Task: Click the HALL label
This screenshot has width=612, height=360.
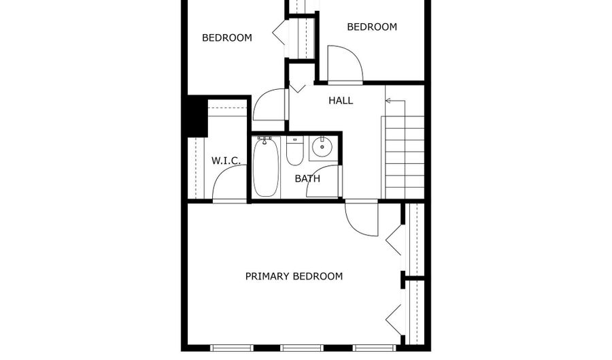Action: pyautogui.click(x=341, y=101)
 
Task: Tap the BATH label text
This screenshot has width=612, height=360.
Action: pyautogui.click(x=307, y=179)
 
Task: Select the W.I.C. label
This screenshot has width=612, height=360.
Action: pyautogui.click(x=226, y=161)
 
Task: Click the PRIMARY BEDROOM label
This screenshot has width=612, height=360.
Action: pyautogui.click(x=294, y=276)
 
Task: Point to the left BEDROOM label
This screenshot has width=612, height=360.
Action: pyautogui.click(x=226, y=38)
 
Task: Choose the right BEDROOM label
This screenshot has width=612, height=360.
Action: pyautogui.click(x=372, y=27)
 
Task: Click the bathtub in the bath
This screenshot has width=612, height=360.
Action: pyautogui.click(x=266, y=167)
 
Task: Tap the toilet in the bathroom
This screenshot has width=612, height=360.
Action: pyautogui.click(x=294, y=150)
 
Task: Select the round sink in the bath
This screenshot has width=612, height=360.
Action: pyautogui.click(x=322, y=147)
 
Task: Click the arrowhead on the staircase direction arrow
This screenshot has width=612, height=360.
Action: pyautogui.click(x=388, y=101)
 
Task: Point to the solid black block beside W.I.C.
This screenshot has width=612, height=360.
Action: pyautogui.click(x=197, y=116)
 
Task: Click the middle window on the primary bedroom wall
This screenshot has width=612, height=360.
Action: pyautogui.click(x=301, y=348)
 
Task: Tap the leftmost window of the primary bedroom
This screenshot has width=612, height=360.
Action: pyautogui.click(x=231, y=348)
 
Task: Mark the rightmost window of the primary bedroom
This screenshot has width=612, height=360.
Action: pyautogui.click(x=374, y=348)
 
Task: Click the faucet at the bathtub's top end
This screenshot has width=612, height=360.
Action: pyautogui.click(x=265, y=140)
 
